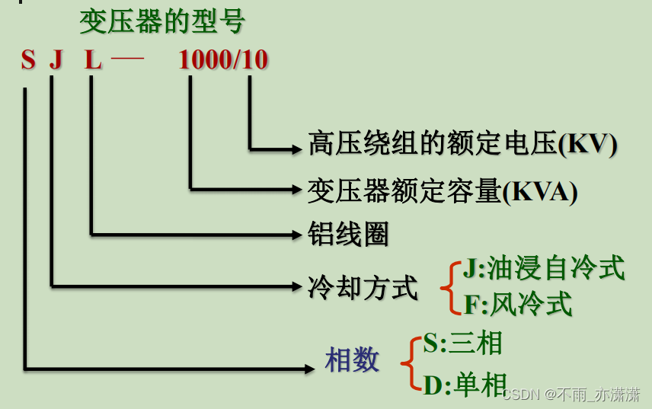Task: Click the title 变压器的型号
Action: point(161,22)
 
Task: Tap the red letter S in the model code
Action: point(28,60)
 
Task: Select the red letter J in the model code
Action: point(56,60)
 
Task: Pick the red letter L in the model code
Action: point(93,60)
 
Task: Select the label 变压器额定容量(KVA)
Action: point(443,190)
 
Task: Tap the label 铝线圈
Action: point(348,234)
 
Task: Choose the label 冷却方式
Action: point(363,288)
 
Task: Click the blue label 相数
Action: point(352,360)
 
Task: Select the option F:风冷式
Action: point(518,305)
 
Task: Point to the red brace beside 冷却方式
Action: point(449,287)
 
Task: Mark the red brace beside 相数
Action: point(411,364)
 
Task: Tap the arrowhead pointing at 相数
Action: point(309,369)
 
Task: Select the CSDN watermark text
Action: point(571,394)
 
